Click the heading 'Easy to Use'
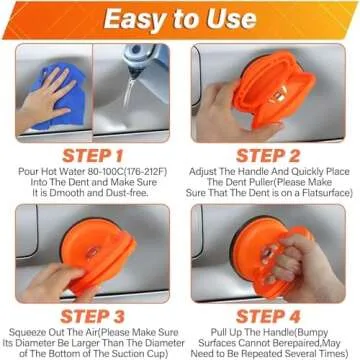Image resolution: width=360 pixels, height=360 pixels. pos(180,20)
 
